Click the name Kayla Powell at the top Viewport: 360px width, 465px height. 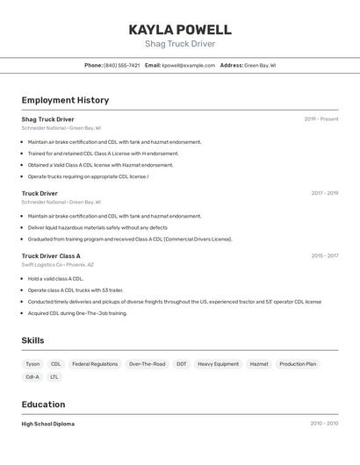[180, 29]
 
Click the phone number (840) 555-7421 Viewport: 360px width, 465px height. [121, 65]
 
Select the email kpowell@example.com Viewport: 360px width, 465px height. [188, 65]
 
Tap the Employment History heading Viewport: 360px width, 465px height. [65, 100]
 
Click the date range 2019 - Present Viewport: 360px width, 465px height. [320, 119]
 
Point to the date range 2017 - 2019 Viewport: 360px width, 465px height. [324, 193]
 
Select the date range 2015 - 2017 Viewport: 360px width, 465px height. [324, 256]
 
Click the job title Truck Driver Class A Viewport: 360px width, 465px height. [51, 256]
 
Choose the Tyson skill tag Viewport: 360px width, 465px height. [32, 363]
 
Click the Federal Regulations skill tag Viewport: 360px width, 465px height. [95, 363]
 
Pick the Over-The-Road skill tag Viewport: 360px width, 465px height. [147, 363]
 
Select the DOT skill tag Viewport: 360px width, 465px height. [182, 363]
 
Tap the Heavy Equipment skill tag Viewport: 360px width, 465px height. [218, 363]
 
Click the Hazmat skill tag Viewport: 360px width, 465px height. [259, 363]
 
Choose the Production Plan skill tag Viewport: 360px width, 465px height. [298, 363]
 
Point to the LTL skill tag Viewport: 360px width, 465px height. [54, 377]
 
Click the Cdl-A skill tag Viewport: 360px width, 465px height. [32, 377]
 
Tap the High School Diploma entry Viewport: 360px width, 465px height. [48, 424]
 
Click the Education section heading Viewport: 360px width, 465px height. [43, 404]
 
